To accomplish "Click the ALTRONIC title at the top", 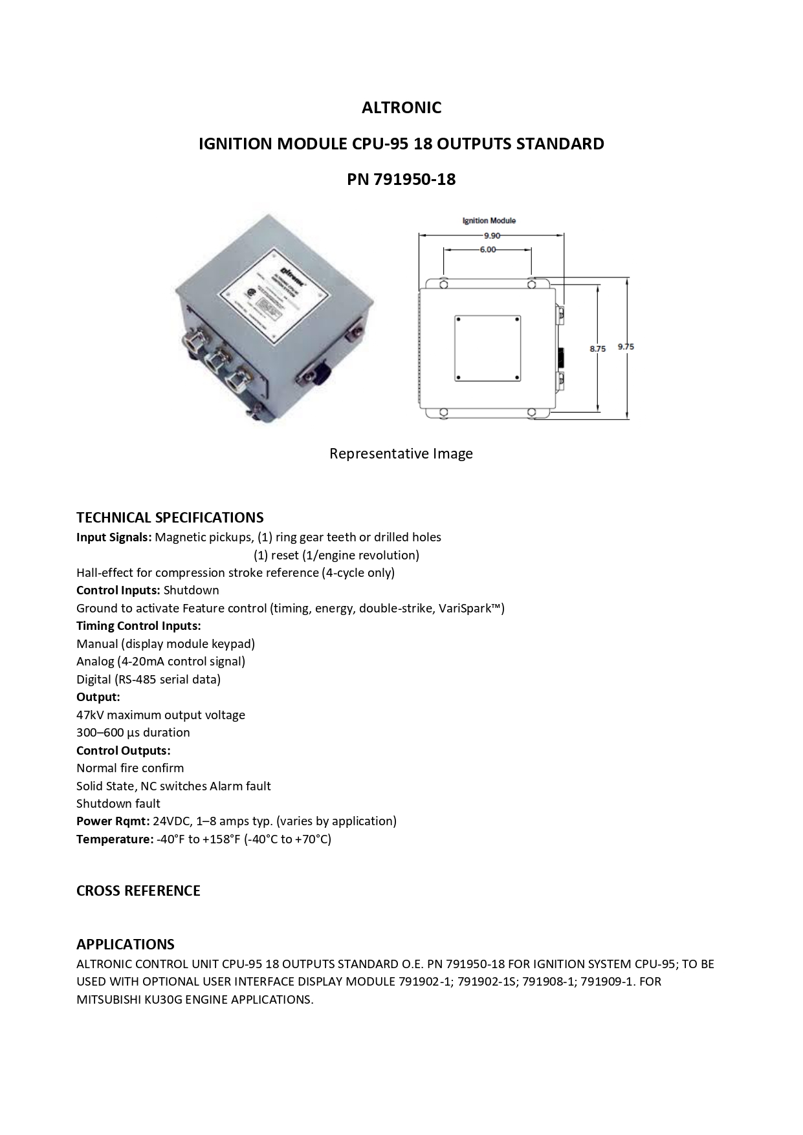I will [401, 107].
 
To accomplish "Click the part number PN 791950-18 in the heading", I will [401, 179].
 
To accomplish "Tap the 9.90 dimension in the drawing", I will [491, 236].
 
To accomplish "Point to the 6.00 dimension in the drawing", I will [487, 250].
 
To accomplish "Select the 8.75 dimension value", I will [597, 349].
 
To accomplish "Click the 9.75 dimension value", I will [626, 347].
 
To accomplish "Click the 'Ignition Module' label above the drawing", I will [489, 221].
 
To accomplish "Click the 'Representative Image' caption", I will [401, 453].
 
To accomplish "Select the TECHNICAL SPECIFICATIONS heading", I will [170, 517].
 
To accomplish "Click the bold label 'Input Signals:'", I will [114, 537].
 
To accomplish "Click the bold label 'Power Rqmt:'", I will [113, 821].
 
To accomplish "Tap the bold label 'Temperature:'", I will [115, 839].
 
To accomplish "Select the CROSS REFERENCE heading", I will [138, 891].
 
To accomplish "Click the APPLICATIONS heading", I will [126, 944].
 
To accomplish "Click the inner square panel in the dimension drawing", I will [487, 349].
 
